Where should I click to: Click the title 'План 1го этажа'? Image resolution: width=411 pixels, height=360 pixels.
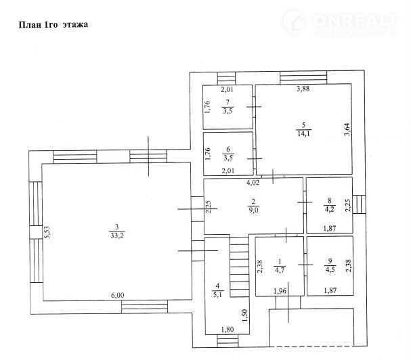53,24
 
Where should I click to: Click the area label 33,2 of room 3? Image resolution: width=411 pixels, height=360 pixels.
117,235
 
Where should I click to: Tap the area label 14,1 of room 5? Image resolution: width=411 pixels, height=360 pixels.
304,133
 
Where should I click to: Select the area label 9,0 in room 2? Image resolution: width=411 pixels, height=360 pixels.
253,210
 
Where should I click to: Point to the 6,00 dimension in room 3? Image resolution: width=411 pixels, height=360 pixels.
117,295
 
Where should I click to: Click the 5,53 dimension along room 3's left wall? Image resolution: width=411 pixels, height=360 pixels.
47,232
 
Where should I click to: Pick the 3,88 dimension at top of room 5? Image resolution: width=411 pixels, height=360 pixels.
303,89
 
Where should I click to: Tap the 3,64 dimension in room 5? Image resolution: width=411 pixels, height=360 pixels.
347,129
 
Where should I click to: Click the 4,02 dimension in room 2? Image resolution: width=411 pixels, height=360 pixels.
253,183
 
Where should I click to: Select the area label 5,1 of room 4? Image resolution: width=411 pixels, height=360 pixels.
217,295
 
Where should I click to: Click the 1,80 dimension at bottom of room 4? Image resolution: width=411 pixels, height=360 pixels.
228,330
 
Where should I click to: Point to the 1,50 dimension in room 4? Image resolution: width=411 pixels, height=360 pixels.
244,316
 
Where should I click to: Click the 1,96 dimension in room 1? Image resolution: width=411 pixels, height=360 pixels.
280,290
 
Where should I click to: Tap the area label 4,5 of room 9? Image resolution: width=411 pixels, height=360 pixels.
330,269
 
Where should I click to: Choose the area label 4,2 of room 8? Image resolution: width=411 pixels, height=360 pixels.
330,209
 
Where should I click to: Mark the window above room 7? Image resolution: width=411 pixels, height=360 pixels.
226,78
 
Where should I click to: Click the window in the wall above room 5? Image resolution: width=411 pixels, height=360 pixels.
303,78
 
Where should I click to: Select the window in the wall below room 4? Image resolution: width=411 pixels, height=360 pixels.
228,341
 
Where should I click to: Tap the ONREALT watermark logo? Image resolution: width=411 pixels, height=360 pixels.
341,22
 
